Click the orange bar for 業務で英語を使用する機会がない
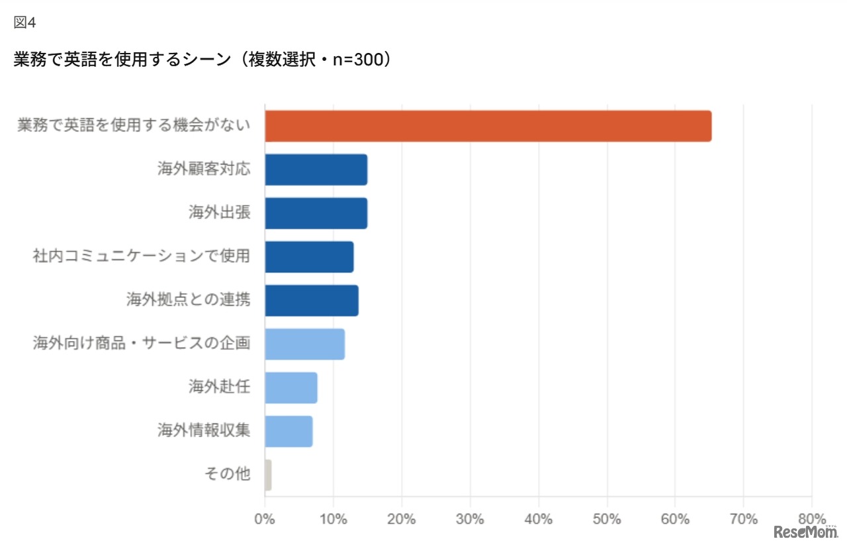tap(488, 126)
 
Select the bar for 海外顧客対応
tap(316, 170)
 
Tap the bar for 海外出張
tap(316, 213)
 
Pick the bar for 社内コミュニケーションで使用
tap(309, 257)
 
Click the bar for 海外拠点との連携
tap(312, 301)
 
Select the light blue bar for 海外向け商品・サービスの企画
tap(304, 344)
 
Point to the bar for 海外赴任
tap(291, 387)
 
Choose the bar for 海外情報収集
tap(289, 431)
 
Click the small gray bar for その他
tap(268, 475)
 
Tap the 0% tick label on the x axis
tap(265, 519)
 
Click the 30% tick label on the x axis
tap(470, 519)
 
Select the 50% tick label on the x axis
tap(607, 519)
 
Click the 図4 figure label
tap(24, 23)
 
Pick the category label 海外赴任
tap(220, 387)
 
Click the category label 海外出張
tap(220, 213)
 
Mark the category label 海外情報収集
tap(204, 430)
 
